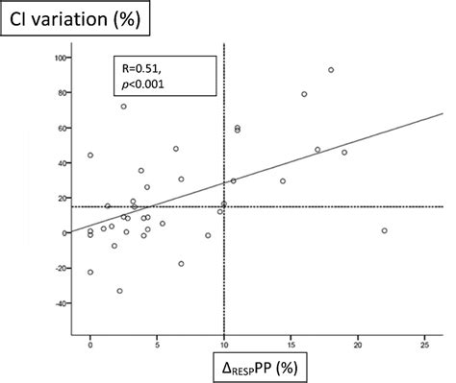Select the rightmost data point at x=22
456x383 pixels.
click(x=384, y=230)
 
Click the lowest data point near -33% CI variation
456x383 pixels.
click(x=119, y=291)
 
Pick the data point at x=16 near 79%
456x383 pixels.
click(x=304, y=94)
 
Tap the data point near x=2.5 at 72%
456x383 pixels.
click(x=124, y=107)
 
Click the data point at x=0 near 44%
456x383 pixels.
click(x=90, y=156)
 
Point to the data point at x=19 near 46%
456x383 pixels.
click(x=344, y=152)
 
